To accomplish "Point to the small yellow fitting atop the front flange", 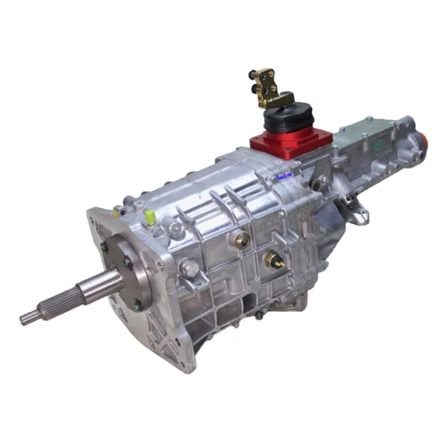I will click(119, 211).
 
